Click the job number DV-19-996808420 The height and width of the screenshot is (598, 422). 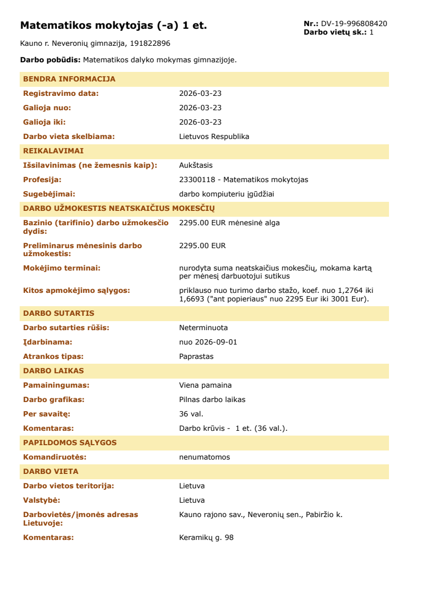tap(354, 23)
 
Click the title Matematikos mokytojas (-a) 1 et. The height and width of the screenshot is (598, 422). tap(113, 26)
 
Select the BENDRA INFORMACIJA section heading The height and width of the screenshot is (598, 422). tap(69, 79)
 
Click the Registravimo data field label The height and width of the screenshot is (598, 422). tap(61, 93)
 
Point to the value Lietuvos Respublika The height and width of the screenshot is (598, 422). tap(214, 136)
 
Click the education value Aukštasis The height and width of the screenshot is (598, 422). tap(196, 165)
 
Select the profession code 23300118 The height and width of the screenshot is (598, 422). tap(196, 179)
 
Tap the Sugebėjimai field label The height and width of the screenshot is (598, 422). tap(49, 194)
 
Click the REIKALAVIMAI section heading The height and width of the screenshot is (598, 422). tap(53, 151)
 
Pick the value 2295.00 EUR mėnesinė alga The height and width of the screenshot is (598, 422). tap(229, 223)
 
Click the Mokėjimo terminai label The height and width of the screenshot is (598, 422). tap(62, 268)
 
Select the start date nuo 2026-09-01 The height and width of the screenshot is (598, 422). tap(208, 342)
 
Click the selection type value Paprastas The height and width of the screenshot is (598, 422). tap(196, 356)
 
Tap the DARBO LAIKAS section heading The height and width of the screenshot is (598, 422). tap(53, 371)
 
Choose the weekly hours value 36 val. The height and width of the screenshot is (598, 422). tap(191, 414)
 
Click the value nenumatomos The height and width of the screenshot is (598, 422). tap(204, 457)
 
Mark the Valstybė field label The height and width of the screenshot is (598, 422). tap(42, 500)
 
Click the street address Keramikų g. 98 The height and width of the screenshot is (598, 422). tap(206, 537)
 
